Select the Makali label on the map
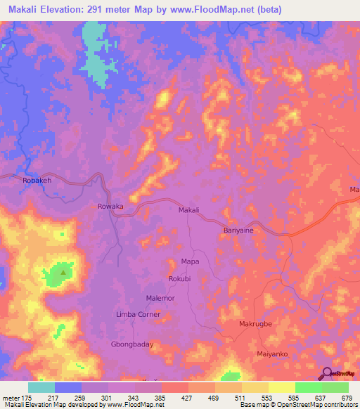188,209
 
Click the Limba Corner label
138,315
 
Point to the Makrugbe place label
255,324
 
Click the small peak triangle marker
63,272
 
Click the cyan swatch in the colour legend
41,387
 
